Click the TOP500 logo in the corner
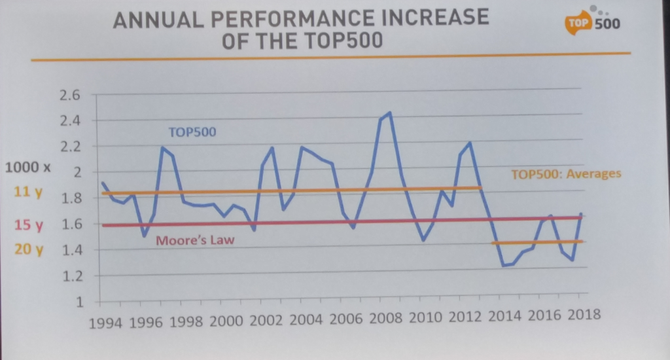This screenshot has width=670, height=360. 593,22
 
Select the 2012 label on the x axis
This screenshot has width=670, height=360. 467,317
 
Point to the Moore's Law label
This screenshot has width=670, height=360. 195,240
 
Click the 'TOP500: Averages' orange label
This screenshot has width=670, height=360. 565,174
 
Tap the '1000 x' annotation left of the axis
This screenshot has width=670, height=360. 27,167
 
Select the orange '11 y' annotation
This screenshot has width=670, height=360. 28,194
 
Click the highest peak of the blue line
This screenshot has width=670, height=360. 390,113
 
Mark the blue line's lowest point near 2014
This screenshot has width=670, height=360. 503,265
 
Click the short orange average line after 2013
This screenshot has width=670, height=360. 537,242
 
